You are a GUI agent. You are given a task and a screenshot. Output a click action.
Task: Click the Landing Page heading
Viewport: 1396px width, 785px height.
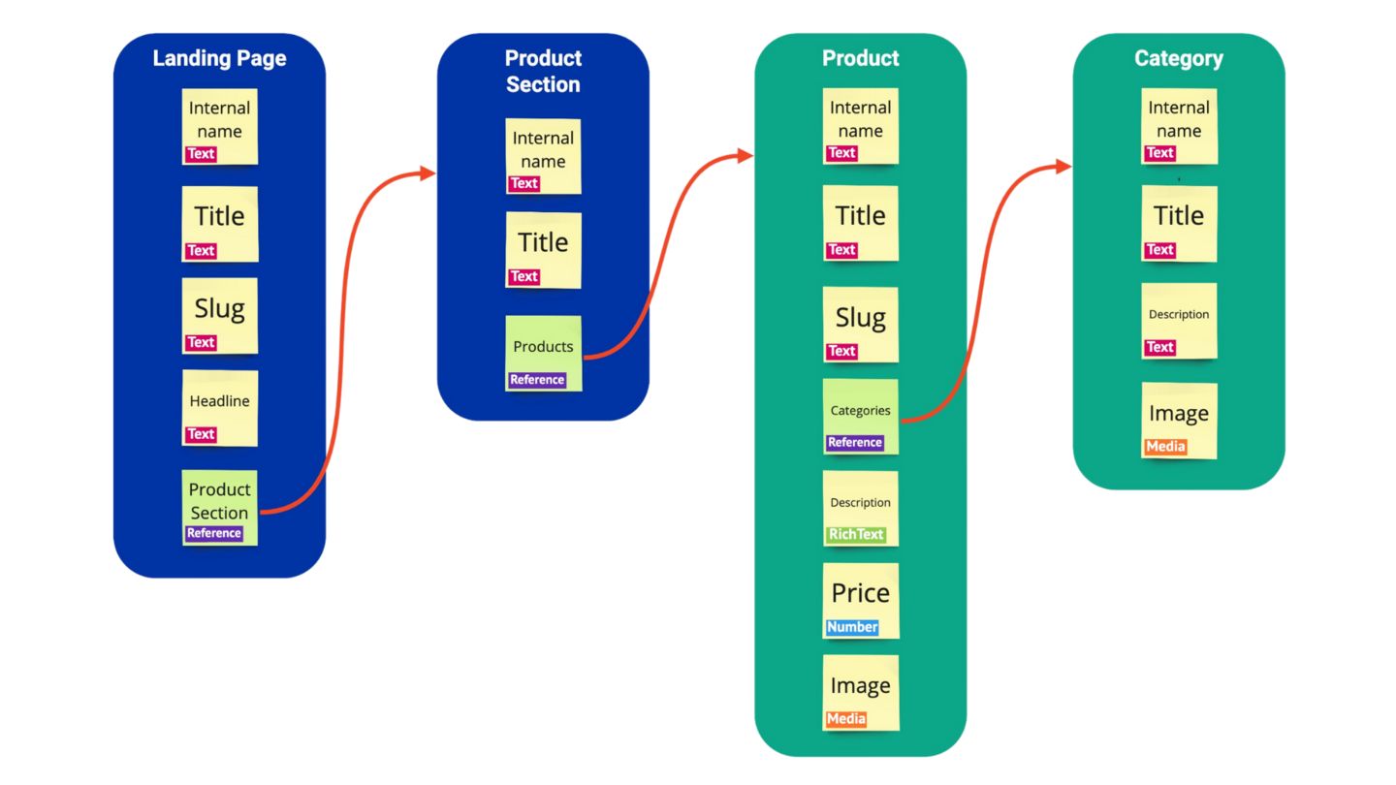219,58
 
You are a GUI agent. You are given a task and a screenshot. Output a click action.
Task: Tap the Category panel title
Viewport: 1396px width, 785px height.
1178,58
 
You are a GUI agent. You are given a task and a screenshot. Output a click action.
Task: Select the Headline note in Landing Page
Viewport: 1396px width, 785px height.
220,407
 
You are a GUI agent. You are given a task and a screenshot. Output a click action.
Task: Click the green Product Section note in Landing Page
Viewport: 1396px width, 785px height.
220,506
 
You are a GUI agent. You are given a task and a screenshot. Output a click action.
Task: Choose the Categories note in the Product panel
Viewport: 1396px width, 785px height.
860,416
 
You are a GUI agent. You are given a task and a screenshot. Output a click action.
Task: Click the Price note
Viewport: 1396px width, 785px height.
860,600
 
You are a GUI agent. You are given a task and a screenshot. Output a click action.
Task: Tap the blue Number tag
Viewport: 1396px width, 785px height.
852,627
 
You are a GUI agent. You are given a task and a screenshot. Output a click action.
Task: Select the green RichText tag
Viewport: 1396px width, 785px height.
855,534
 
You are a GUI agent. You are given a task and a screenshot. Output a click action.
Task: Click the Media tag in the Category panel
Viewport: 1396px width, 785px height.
1165,447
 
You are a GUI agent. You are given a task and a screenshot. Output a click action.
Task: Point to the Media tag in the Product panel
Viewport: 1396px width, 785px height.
846,719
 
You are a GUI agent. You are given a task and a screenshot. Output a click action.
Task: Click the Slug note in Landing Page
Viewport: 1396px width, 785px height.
220,315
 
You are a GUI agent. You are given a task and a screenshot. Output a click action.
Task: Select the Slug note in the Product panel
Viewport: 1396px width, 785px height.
860,324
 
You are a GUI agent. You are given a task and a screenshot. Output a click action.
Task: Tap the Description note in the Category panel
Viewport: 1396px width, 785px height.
1178,321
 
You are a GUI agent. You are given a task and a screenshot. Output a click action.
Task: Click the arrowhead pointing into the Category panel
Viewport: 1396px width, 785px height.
1063,168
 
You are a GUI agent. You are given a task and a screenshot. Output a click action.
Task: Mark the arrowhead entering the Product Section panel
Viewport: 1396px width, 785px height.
427,173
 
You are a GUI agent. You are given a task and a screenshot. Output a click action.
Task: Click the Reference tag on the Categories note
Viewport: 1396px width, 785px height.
854,443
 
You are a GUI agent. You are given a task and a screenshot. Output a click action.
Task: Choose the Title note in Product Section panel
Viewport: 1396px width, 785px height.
543,249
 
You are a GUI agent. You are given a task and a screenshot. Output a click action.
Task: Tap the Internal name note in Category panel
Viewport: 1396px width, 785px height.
1178,125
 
